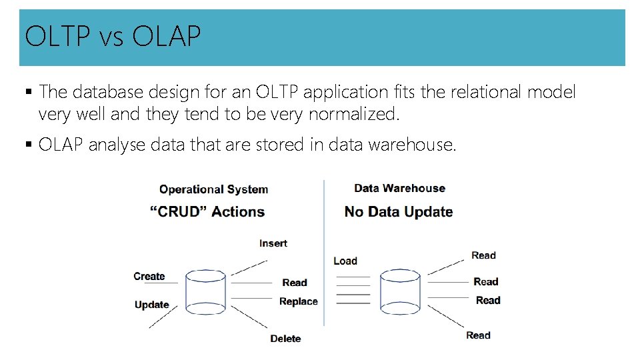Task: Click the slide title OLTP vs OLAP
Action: [x=112, y=37]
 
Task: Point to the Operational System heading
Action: [x=213, y=189]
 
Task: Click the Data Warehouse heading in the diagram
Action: [x=399, y=189]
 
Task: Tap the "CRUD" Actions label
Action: [x=207, y=212]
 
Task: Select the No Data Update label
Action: [x=398, y=212]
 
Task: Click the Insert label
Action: [x=273, y=243]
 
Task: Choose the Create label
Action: [x=149, y=276]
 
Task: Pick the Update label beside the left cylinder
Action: [x=151, y=305]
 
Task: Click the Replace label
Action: [x=298, y=301]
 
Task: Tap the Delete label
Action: [x=285, y=339]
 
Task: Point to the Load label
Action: [x=345, y=261]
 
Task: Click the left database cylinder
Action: [x=206, y=292]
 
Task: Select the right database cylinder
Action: [x=400, y=292]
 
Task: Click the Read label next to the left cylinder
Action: [x=294, y=283]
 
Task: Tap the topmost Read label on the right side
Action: [x=483, y=255]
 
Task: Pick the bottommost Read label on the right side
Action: [x=478, y=335]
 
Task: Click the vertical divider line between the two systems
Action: [x=324, y=253]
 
